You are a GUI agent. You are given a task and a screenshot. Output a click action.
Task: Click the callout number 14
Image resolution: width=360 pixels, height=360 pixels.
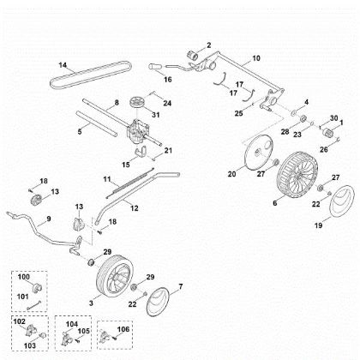coord(63,65)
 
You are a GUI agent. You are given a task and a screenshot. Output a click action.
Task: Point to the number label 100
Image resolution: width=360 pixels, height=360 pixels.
coord(24,279)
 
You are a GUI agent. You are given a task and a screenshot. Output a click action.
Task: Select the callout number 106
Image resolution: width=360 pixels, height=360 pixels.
coord(127,328)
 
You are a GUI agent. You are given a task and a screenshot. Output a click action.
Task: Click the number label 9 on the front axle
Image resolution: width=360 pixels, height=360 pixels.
coord(49,219)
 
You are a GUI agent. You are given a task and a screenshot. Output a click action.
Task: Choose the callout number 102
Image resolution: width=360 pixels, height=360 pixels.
coord(21,321)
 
